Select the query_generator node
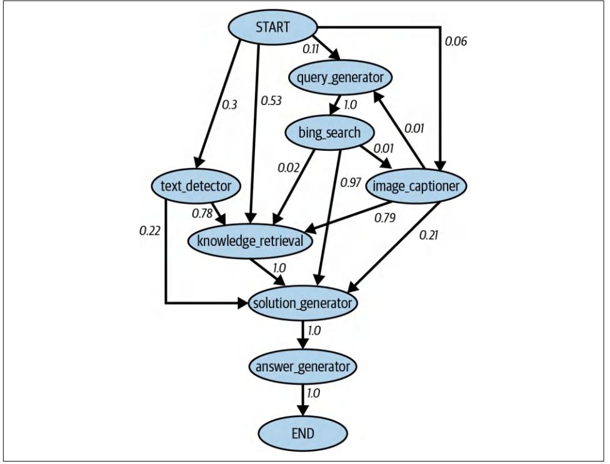point(341,78)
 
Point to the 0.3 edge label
point(230,104)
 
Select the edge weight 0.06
point(455,42)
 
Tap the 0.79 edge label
point(386,218)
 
